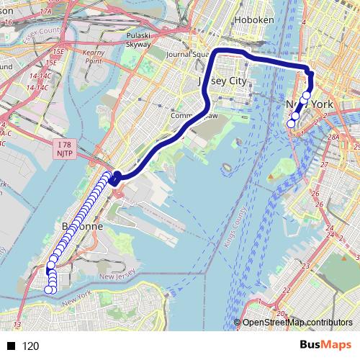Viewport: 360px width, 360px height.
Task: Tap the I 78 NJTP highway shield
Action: click(63, 148)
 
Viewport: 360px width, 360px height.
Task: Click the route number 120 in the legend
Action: click(31, 346)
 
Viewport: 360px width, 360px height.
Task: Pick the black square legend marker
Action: click(12, 346)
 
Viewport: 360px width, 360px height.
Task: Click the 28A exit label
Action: click(333, 137)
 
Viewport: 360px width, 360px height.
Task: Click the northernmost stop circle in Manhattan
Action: click(307, 95)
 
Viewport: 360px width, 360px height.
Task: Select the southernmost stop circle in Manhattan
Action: click(291, 124)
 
